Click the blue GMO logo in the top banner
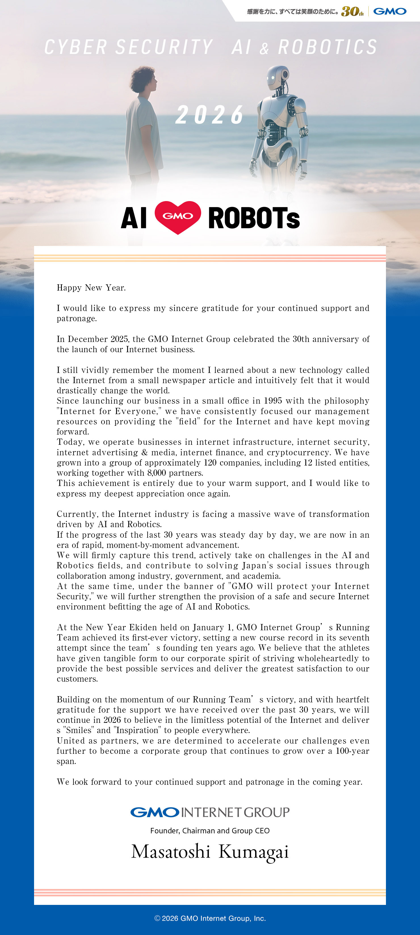click(x=390, y=11)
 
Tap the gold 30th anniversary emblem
click(x=352, y=11)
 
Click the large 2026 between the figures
click(x=210, y=115)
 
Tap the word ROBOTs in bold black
click(x=254, y=218)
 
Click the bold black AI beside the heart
click(x=133, y=218)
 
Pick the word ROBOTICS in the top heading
click(x=327, y=47)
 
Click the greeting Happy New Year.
click(x=91, y=288)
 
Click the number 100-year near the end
click(x=352, y=751)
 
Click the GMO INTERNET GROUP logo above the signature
click(x=210, y=812)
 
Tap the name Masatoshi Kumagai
click(x=210, y=852)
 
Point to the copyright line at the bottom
click(x=210, y=918)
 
